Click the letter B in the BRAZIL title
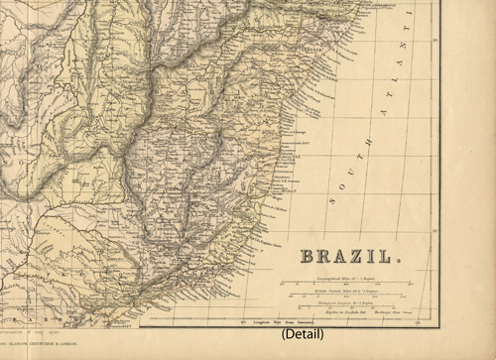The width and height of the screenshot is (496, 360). click(x=309, y=259)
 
